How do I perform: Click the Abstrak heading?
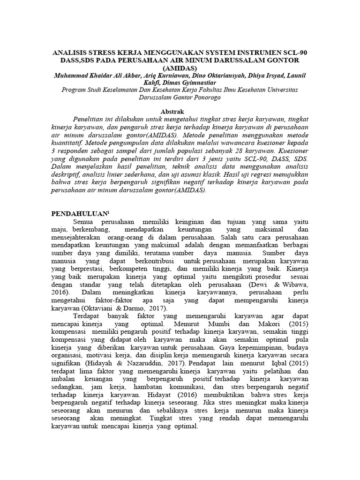coord(180,112)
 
